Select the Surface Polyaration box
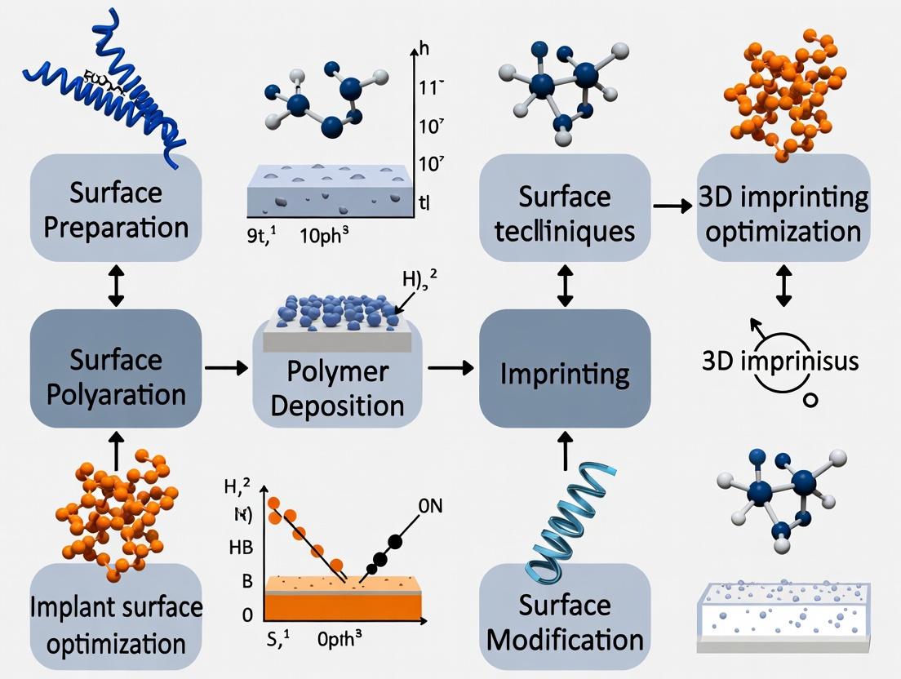click(115, 375)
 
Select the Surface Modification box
click(564, 620)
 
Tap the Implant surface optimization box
click(115, 624)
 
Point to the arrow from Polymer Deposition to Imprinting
click(450, 369)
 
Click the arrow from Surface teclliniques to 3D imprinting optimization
click(672, 206)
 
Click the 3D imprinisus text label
click(780, 360)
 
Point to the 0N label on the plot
click(430, 507)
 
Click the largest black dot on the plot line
click(397, 541)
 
